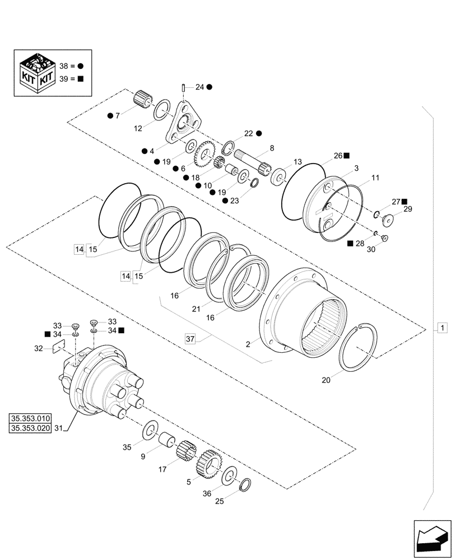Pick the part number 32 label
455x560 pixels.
coord(38,348)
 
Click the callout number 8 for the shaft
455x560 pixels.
coord(272,148)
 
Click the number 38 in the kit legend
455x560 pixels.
coord(63,66)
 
